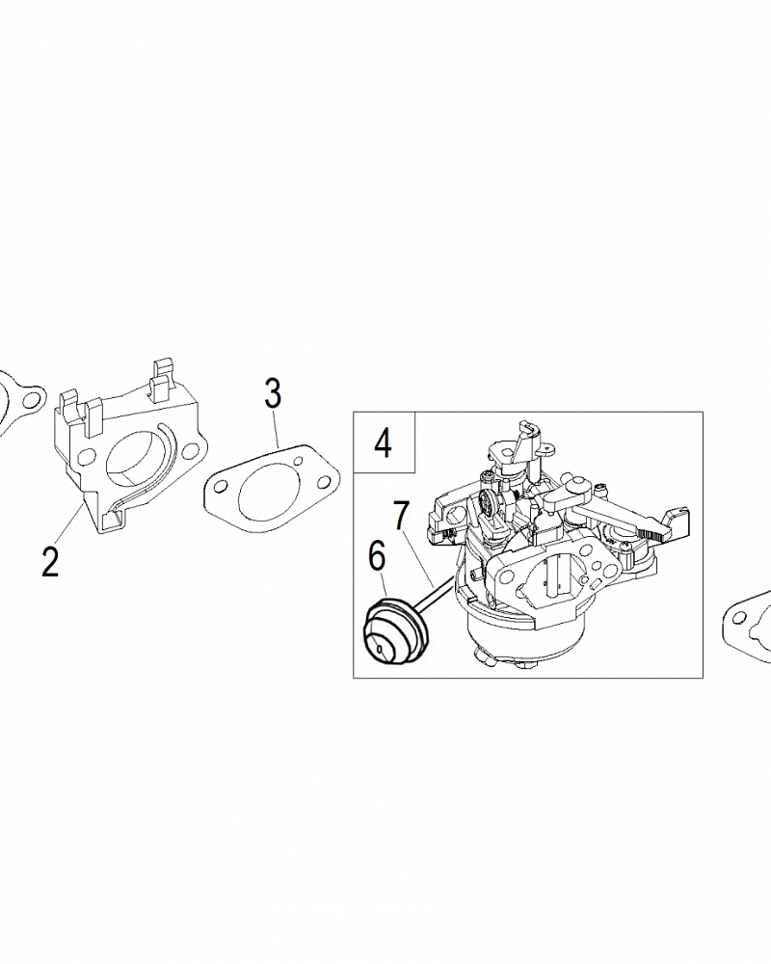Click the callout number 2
[50, 561]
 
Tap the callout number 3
[273, 393]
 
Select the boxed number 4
[383, 442]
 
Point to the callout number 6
[376, 556]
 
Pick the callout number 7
[401, 516]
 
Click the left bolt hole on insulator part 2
[88, 456]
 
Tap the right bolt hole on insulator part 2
[190, 452]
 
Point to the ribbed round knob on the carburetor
[489, 505]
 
